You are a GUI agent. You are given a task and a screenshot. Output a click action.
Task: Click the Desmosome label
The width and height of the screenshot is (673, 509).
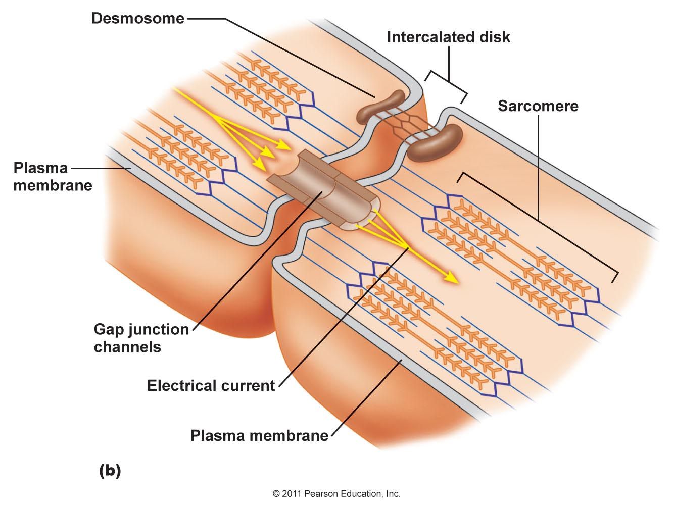[x=137, y=19]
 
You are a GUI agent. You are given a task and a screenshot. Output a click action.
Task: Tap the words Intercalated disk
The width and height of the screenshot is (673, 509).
[x=448, y=37]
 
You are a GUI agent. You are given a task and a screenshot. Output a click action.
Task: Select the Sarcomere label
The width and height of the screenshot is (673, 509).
[x=538, y=106]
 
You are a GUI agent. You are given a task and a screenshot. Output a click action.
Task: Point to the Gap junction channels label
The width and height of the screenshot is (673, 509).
[x=141, y=338]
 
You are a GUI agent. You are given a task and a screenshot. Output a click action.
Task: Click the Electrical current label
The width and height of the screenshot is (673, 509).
[x=211, y=386]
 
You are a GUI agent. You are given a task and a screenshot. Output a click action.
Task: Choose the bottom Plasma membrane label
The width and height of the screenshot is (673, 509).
[x=259, y=435]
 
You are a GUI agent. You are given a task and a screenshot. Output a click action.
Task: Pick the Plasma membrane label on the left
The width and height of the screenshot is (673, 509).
[x=52, y=176]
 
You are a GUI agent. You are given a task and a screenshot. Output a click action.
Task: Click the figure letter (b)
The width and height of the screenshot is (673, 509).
[x=110, y=471]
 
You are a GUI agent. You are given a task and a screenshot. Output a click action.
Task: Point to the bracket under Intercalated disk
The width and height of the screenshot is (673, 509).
[x=447, y=84]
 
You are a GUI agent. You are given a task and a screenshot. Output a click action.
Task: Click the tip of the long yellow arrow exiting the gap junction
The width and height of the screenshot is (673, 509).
[x=457, y=281]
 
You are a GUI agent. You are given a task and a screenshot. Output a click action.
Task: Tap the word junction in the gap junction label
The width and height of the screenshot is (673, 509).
[x=160, y=330]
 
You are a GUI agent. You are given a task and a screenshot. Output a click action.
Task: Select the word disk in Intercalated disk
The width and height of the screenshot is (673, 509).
[x=494, y=37]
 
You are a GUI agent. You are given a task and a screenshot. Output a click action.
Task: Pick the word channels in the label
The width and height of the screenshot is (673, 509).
[x=127, y=347]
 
